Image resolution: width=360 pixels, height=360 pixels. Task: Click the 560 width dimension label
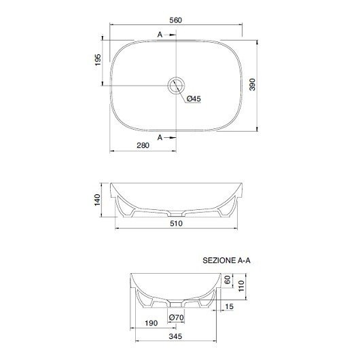click(x=176, y=20)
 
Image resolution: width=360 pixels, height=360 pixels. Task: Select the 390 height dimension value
click(x=252, y=84)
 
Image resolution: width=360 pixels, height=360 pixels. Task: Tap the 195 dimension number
click(x=98, y=60)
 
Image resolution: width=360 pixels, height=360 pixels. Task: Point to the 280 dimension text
click(x=143, y=145)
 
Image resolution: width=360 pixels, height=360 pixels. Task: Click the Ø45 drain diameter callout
click(x=194, y=98)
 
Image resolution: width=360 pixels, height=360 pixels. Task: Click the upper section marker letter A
click(x=160, y=35)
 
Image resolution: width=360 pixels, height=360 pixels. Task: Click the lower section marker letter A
click(x=160, y=137)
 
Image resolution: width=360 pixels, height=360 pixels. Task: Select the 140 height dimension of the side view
click(x=98, y=200)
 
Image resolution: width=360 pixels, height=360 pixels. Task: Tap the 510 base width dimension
click(x=176, y=223)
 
